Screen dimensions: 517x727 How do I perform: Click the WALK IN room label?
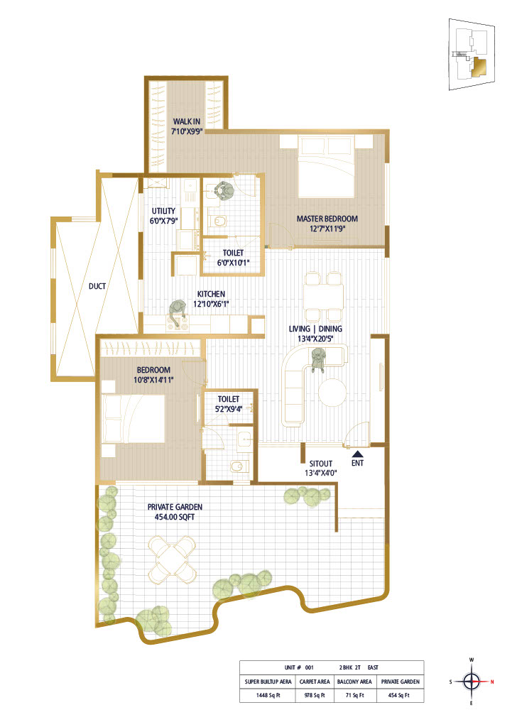(187, 121)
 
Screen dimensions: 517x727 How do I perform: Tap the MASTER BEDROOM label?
(327, 219)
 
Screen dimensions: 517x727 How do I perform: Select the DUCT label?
(97, 286)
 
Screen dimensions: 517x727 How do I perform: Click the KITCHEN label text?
(211, 294)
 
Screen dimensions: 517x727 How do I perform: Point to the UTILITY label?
(163, 211)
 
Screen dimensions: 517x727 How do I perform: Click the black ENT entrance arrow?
(357, 454)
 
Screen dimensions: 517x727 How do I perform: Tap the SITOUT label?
(321, 463)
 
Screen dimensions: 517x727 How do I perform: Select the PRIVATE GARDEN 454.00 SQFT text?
(175, 512)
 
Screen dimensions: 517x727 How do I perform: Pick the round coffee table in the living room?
(332, 393)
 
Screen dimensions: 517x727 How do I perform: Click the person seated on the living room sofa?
(318, 360)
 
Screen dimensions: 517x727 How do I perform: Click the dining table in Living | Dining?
(324, 297)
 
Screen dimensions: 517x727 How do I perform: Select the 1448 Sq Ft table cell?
(268, 695)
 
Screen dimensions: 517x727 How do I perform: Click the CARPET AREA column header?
(315, 682)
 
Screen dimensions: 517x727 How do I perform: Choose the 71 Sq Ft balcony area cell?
(354, 695)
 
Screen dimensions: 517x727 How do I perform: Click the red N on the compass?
(492, 682)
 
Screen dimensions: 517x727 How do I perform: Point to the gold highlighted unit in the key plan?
(479, 67)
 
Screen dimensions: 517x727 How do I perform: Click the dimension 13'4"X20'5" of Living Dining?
(315, 339)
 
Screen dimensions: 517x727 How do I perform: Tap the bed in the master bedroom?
(327, 166)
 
